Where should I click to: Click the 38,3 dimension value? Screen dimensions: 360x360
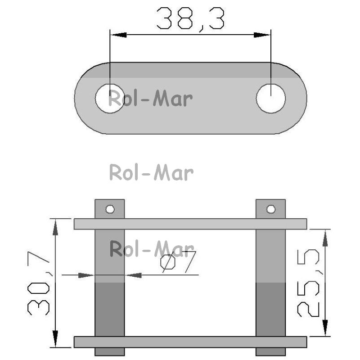190,18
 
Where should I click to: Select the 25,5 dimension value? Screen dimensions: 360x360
308,283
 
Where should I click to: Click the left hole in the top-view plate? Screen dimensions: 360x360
110,99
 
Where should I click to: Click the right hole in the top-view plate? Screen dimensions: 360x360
271,99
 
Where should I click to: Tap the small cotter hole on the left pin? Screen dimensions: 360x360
110,209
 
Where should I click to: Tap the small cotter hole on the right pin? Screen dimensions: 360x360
271,209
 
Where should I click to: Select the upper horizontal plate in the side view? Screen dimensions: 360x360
190,224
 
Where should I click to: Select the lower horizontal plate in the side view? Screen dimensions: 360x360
190,342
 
